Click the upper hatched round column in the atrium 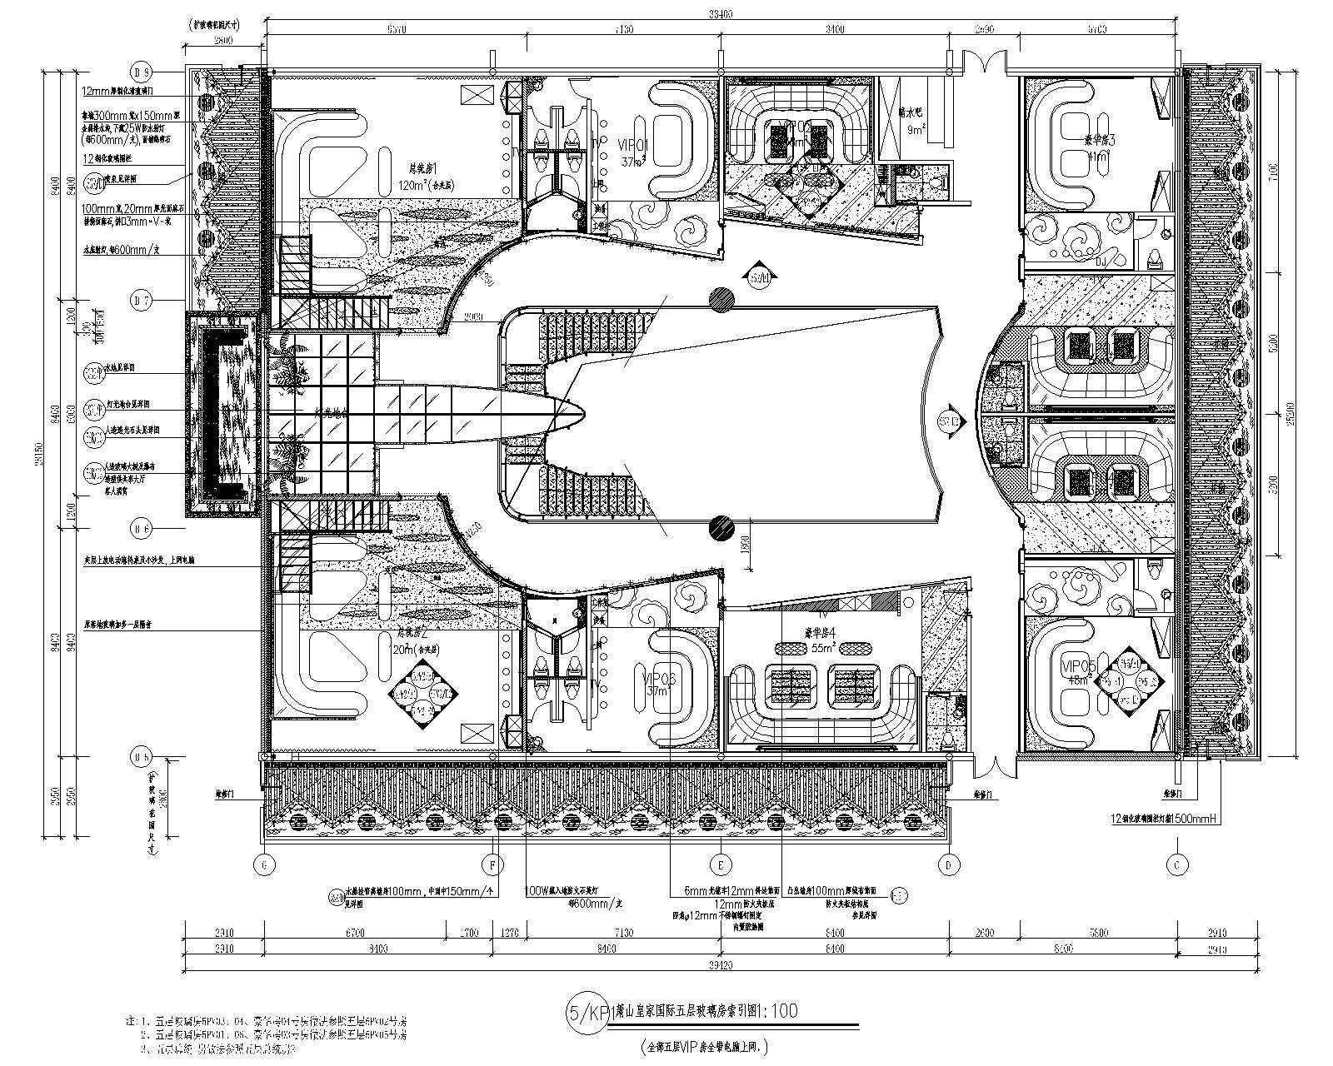coord(721,299)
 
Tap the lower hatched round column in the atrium coord(721,526)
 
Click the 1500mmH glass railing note coord(1166,819)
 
